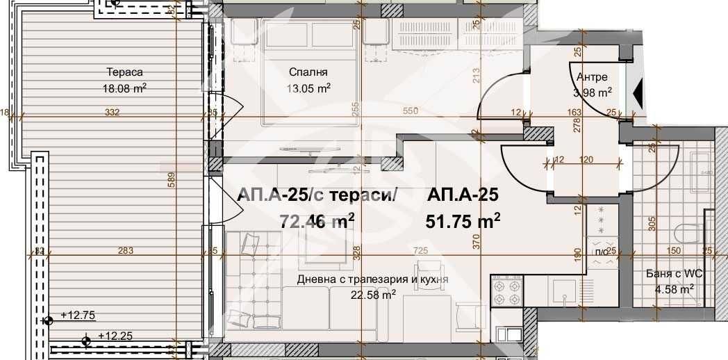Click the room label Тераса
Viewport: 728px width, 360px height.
[x=125, y=72]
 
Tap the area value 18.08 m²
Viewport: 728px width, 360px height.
[x=125, y=88]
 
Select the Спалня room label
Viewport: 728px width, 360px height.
[x=308, y=72]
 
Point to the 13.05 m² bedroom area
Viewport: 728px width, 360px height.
[x=309, y=88]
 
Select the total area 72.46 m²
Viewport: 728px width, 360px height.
[x=317, y=221]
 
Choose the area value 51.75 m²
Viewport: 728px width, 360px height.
[x=463, y=221]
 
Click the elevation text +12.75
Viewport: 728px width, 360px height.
[x=78, y=314]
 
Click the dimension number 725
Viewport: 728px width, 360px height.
[x=420, y=250]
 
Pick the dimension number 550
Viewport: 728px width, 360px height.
[x=413, y=111]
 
